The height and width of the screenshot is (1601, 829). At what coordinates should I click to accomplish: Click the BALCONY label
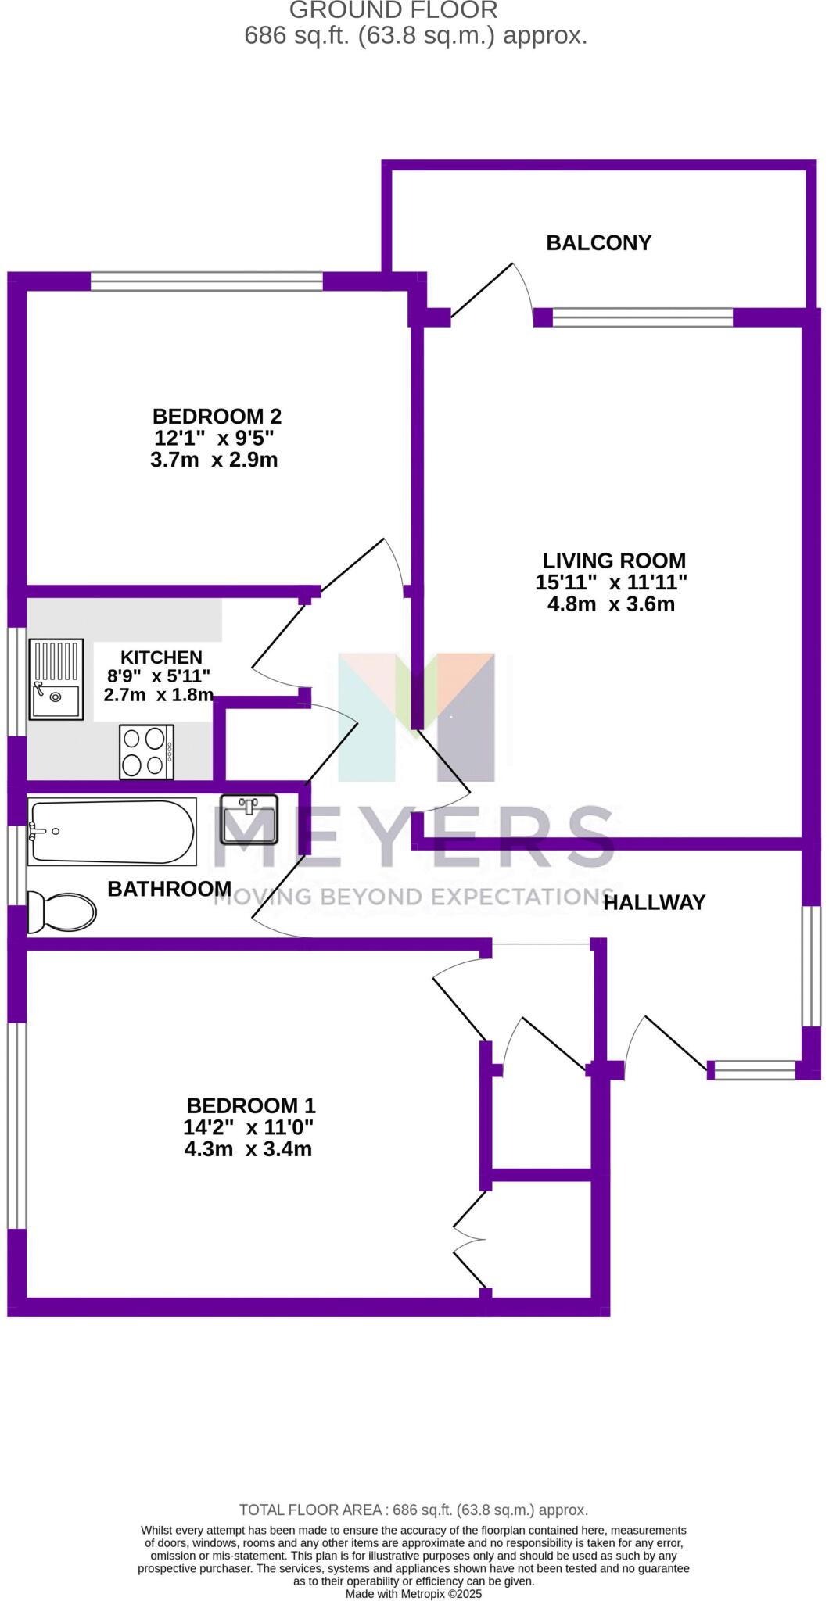(x=598, y=243)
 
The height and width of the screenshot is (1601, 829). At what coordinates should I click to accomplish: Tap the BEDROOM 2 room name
(x=217, y=416)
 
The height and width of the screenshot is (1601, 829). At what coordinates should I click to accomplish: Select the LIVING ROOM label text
(x=614, y=561)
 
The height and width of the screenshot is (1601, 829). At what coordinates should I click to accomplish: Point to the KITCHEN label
(x=161, y=657)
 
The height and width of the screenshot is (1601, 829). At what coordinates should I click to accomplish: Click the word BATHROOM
(x=169, y=889)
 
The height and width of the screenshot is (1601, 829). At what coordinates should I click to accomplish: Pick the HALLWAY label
(x=655, y=903)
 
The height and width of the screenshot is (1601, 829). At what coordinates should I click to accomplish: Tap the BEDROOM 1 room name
(x=250, y=1106)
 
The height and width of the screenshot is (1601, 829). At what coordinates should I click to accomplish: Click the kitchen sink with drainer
(x=56, y=679)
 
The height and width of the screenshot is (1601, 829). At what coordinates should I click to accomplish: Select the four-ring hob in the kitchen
(x=146, y=752)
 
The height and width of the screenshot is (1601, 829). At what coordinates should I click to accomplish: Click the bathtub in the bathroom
(x=112, y=832)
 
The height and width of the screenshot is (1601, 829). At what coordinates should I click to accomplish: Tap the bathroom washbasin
(x=249, y=820)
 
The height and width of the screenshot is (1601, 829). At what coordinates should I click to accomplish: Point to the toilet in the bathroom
(x=61, y=912)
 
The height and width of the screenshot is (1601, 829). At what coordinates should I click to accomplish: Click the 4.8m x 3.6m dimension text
(x=611, y=604)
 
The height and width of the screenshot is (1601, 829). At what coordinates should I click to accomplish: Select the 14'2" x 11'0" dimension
(x=248, y=1127)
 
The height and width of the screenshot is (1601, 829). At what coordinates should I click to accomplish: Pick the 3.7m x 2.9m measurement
(x=214, y=460)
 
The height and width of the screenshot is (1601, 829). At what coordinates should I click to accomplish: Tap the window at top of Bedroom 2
(x=206, y=281)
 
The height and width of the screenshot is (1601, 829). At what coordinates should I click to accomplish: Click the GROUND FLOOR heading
(x=393, y=10)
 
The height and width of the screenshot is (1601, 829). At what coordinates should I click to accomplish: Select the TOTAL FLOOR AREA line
(x=414, y=1510)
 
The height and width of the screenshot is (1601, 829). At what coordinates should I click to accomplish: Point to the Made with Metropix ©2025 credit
(x=414, y=1593)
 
